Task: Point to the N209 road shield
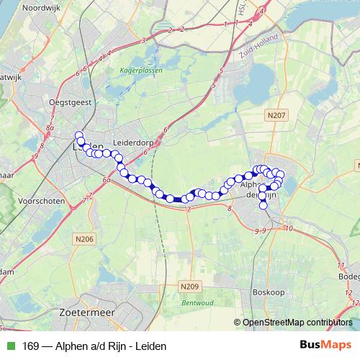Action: [x=189, y=287]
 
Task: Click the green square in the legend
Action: [x=10, y=345]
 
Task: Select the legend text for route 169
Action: [x=94, y=345]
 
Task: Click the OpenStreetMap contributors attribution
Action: [x=296, y=322]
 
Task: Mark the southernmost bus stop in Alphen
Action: [x=263, y=206]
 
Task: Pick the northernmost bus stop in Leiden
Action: [x=78, y=135]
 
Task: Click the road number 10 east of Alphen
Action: [x=289, y=229]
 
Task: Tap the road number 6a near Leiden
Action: [x=107, y=180]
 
